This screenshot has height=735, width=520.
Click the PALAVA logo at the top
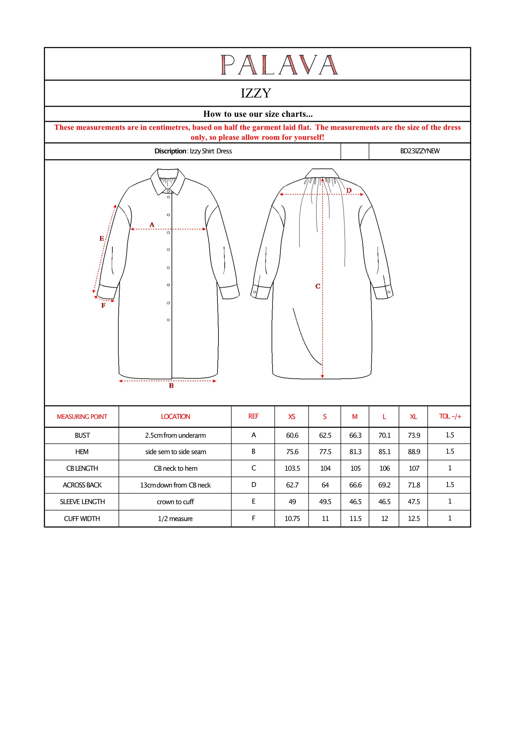pos(279,65)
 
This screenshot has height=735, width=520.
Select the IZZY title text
pos(256,94)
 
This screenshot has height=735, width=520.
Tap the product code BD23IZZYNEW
pos(420,151)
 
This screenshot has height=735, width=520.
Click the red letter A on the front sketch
pos(152,225)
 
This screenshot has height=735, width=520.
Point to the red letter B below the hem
pos(171,386)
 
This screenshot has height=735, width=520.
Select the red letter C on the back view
pos(318,286)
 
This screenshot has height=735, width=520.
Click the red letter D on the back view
pos(349,190)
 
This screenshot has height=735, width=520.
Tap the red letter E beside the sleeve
pos(102,239)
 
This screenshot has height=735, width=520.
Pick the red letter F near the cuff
pos(103,306)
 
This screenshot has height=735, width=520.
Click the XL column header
pos(414,417)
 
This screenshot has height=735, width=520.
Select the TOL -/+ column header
pos(450,417)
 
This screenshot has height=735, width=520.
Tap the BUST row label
pos(82,436)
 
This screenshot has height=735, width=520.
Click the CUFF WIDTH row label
pos(82,519)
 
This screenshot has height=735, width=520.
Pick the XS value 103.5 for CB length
pos(292,469)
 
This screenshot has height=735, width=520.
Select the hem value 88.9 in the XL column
pos(414,452)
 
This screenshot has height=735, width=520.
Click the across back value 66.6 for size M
pos(355,485)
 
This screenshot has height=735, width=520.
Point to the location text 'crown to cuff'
pos(175,502)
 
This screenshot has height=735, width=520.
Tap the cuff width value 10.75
pos(292,519)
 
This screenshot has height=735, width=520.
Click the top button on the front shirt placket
pos(168,191)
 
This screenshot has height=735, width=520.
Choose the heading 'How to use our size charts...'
pos(258,114)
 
